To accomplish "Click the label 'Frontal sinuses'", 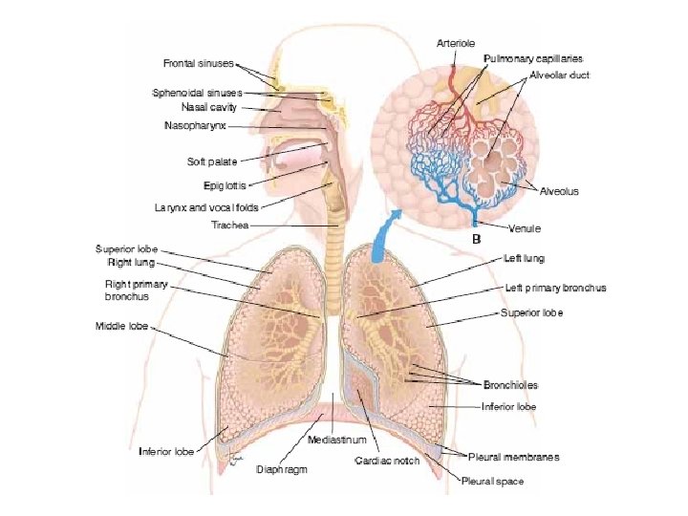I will click(198, 63).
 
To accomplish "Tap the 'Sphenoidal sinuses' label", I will click(197, 93).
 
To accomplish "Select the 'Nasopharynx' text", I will click(195, 125).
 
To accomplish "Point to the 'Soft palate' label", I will click(211, 161).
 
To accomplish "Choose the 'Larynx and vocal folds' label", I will click(205, 206).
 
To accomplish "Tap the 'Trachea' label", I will click(229, 226).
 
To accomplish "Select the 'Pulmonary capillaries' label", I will click(532, 58).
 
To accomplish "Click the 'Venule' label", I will click(525, 228).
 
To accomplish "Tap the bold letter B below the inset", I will click(476, 239).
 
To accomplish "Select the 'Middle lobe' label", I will click(122, 326).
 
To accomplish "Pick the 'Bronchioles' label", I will click(510, 385).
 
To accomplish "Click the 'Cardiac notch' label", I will click(387, 462).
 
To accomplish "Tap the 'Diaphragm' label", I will click(281, 469).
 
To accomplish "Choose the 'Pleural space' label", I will click(493, 482).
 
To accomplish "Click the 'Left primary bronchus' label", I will click(555, 288).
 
